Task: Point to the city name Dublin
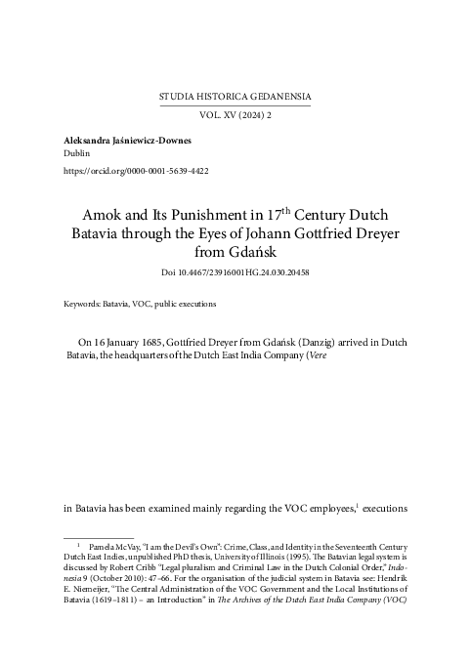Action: click(76, 154)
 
